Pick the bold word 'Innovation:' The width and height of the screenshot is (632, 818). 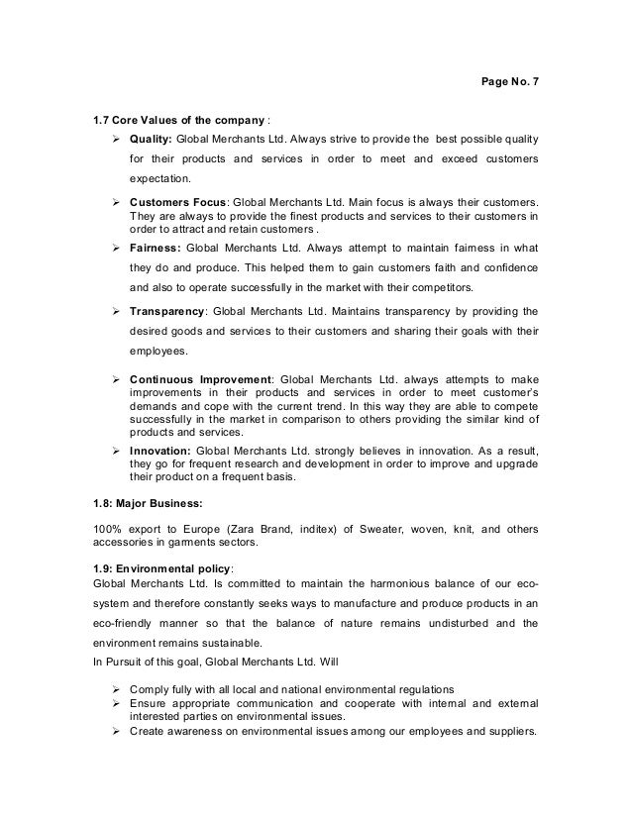(x=161, y=450)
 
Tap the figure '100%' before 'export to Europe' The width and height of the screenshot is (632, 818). (x=107, y=527)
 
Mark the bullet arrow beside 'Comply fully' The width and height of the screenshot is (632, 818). (x=119, y=687)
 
